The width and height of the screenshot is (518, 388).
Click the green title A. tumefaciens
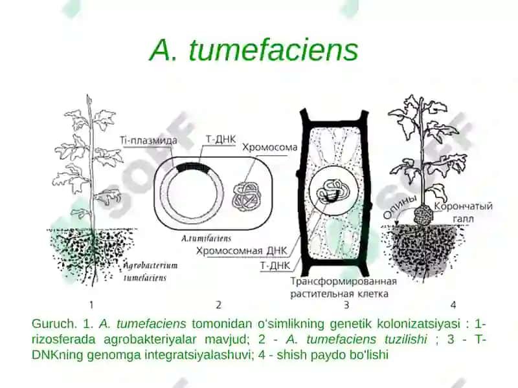[254, 50]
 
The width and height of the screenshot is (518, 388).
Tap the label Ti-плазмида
[148, 140]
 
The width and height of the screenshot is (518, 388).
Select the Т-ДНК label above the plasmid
[221, 139]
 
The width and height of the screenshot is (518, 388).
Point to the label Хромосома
[270, 147]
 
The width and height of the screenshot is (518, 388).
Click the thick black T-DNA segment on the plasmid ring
[193, 167]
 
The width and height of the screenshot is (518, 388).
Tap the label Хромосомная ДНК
[242, 251]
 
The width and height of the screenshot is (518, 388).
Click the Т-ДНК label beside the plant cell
[275, 266]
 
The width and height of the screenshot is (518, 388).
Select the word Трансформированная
[343, 281]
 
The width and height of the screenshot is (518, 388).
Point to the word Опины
[400, 206]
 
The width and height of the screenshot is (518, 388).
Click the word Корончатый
[463, 206]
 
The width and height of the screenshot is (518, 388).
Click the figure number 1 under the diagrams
[91, 305]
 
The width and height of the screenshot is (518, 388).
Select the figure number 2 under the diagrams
[218, 305]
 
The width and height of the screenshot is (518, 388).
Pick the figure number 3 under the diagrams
[346, 305]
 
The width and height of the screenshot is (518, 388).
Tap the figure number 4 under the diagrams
[453, 305]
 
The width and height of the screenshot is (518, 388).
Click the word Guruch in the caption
[53, 324]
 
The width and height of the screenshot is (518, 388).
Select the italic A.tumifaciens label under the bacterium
[206, 238]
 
